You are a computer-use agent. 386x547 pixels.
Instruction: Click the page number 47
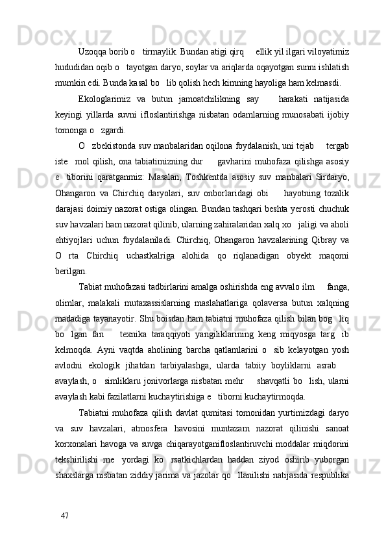coord(64,515)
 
